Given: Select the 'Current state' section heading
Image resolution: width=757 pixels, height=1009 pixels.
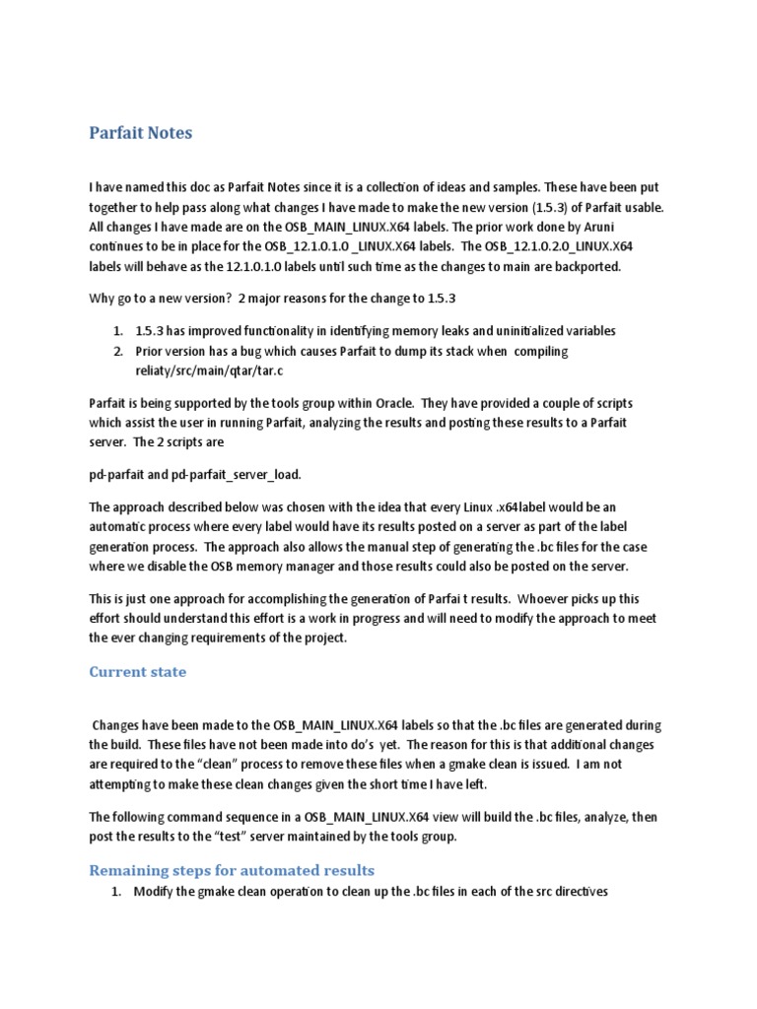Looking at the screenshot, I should click(x=137, y=672).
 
